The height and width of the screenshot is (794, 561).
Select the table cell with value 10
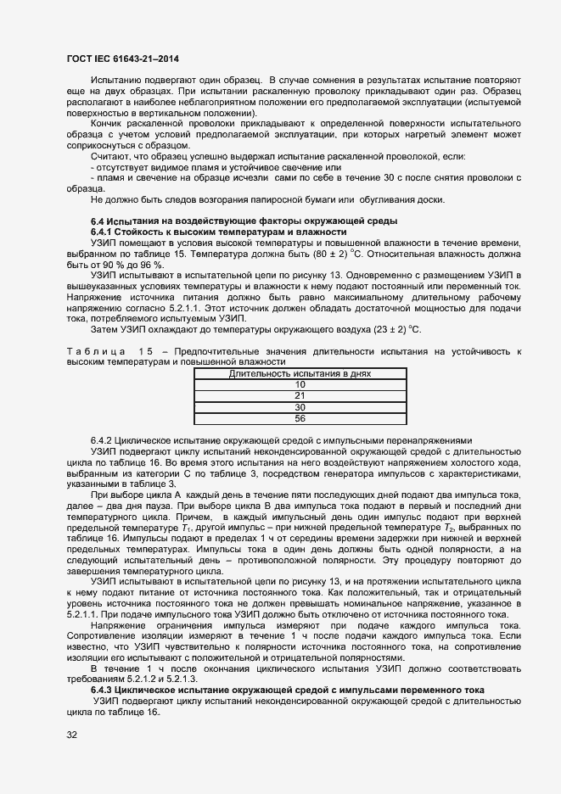300,384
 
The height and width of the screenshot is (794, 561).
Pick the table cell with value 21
300,395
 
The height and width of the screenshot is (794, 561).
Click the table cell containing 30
300,406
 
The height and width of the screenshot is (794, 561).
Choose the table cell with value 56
300,418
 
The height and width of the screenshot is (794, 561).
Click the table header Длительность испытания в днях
300,373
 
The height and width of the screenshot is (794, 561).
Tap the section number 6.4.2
101,441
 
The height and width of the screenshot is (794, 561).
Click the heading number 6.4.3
101,690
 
